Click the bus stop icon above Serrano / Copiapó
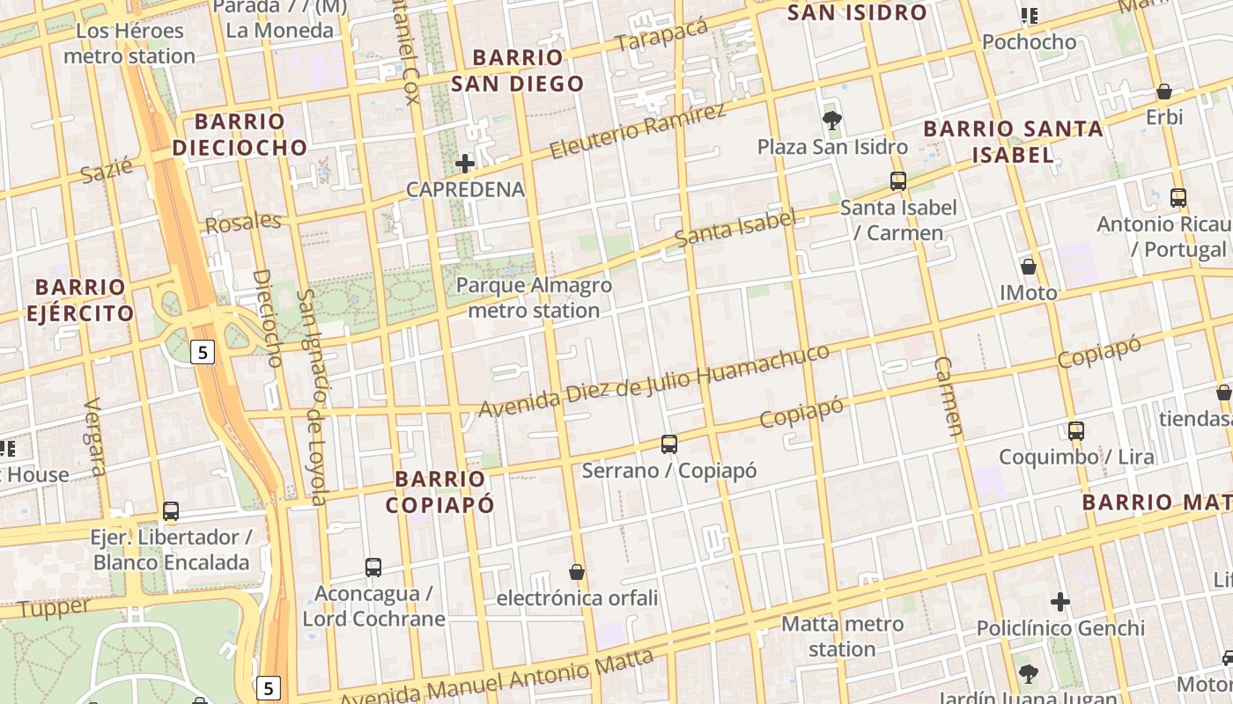(669, 444)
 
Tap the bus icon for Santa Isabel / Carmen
(898, 181)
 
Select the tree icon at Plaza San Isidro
(831, 121)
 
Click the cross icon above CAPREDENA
(465, 163)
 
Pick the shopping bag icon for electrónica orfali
(577, 572)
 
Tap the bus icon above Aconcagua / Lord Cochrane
(373, 568)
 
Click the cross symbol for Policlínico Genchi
(1060, 602)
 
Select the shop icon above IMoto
(1028, 266)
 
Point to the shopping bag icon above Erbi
(1163, 92)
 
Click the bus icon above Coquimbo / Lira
(1075, 430)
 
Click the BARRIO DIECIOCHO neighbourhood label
(240, 134)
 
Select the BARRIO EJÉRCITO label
(80, 300)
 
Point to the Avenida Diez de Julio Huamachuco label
(653, 381)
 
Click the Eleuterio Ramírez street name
(639, 130)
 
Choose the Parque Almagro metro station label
(534, 297)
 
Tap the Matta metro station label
(843, 636)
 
